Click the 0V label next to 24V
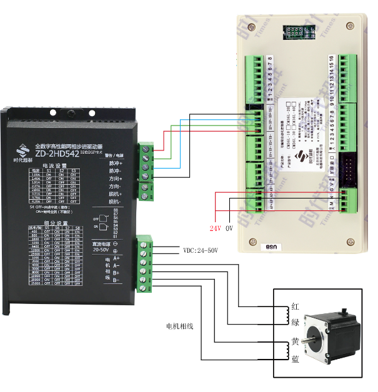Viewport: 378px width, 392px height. [229, 228]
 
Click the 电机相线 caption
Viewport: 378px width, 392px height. [180, 326]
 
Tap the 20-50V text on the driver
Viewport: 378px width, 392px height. [102, 249]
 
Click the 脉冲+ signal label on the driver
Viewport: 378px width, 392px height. [116, 162]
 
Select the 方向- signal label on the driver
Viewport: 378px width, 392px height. [116, 186]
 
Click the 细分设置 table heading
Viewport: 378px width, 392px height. [56, 222]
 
